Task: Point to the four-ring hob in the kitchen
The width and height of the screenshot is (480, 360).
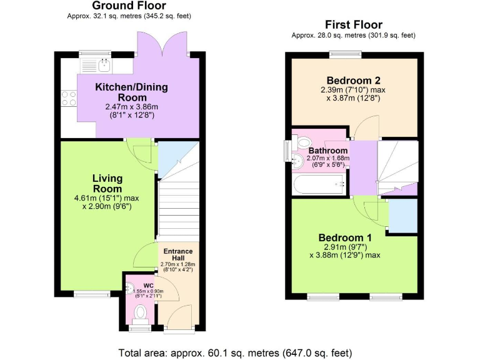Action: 67,98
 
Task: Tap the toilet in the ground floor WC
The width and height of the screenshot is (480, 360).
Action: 141,311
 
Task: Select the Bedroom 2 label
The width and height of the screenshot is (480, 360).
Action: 353,80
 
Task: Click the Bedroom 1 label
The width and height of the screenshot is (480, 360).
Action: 345,237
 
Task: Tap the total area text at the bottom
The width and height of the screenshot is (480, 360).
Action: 235,352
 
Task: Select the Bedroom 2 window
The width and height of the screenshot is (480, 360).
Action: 346,54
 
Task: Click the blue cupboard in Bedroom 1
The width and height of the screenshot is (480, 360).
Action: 402,216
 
